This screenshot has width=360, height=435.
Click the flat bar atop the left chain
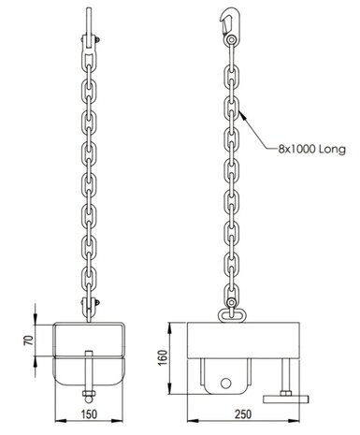pyautogui.click(x=87, y=18)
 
